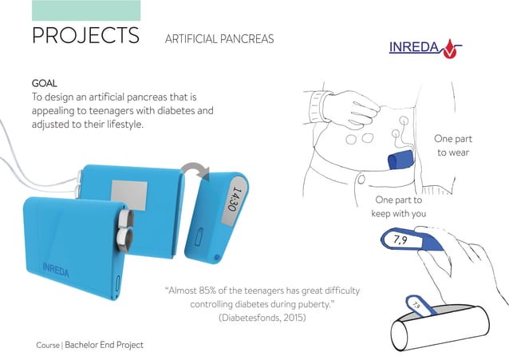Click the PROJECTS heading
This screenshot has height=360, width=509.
[x=85, y=36]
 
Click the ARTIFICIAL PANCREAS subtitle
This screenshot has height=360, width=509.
[x=218, y=39]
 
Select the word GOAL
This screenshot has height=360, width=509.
[x=44, y=83]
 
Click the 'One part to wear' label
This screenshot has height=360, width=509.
[x=452, y=144]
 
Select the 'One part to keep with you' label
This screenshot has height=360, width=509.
[x=399, y=207]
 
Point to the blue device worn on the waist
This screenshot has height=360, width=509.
[x=400, y=160]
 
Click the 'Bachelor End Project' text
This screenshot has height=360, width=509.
[x=105, y=345]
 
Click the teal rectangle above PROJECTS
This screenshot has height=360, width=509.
[x=85, y=10]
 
